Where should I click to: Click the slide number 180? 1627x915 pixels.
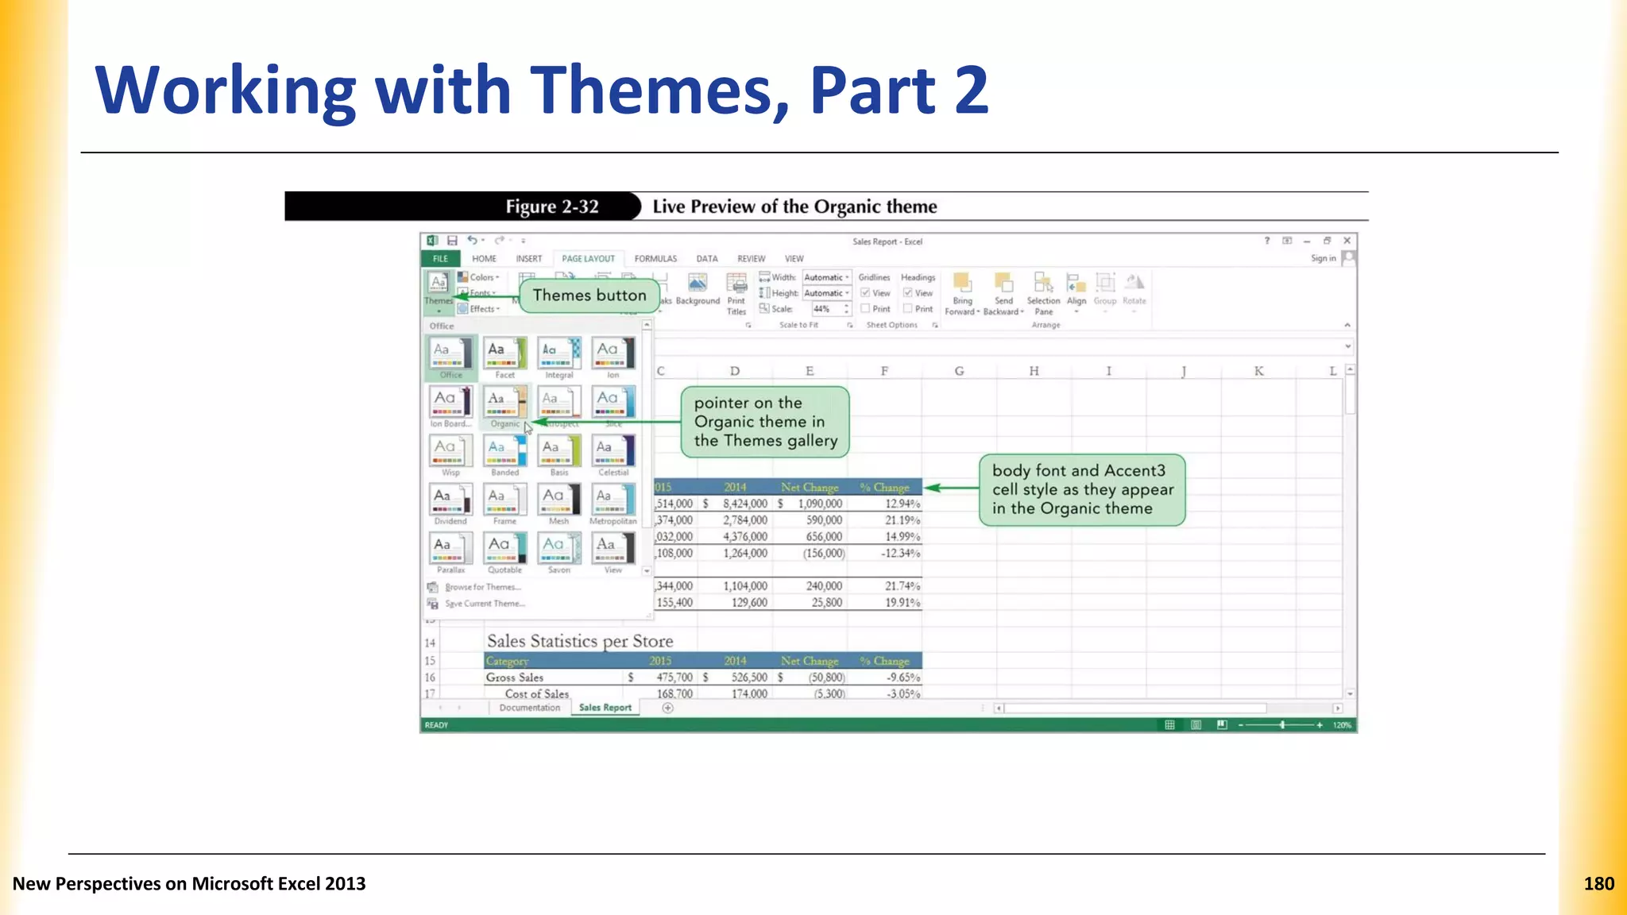[x=1598, y=884]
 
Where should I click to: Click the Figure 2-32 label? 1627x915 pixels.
[x=551, y=207]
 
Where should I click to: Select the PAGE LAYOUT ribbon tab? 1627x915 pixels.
[x=588, y=259]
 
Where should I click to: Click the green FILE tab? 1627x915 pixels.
[x=440, y=259]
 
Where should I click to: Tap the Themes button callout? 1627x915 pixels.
[x=589, y=295]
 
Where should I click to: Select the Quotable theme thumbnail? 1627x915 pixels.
[x=505, y=549]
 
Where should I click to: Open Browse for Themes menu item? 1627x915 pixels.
[x=482, y=588]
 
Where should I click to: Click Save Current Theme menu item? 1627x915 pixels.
[x=485, y=604]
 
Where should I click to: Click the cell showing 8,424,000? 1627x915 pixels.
[x=744, y=504]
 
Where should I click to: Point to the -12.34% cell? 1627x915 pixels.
[x=902, y=554]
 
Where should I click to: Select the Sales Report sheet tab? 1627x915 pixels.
[x=605, y=708]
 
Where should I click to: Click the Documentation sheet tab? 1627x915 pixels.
[x=530, y=708]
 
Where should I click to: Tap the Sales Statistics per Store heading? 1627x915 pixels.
[x=580, y=641]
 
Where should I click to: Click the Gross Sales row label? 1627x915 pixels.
[x=515, y=678]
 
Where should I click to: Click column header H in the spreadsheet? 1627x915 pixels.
[x=1034, y=371]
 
